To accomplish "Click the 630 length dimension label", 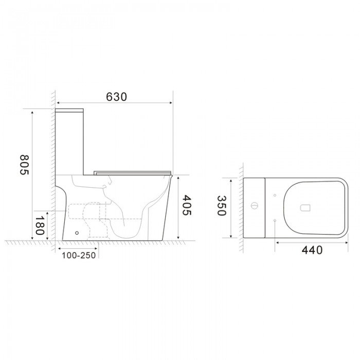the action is pos(116,97).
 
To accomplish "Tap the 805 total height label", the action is pos(24,165).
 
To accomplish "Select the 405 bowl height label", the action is pos(187,205).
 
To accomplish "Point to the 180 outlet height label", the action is pos(40,225).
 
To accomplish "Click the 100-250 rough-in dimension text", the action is pos(79,255).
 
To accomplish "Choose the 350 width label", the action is pos(222,206).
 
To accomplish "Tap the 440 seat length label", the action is pos(312,250).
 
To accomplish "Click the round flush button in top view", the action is pos(255,206).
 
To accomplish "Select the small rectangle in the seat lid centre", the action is pos(305,208).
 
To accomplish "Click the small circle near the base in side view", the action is pos(77,233).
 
